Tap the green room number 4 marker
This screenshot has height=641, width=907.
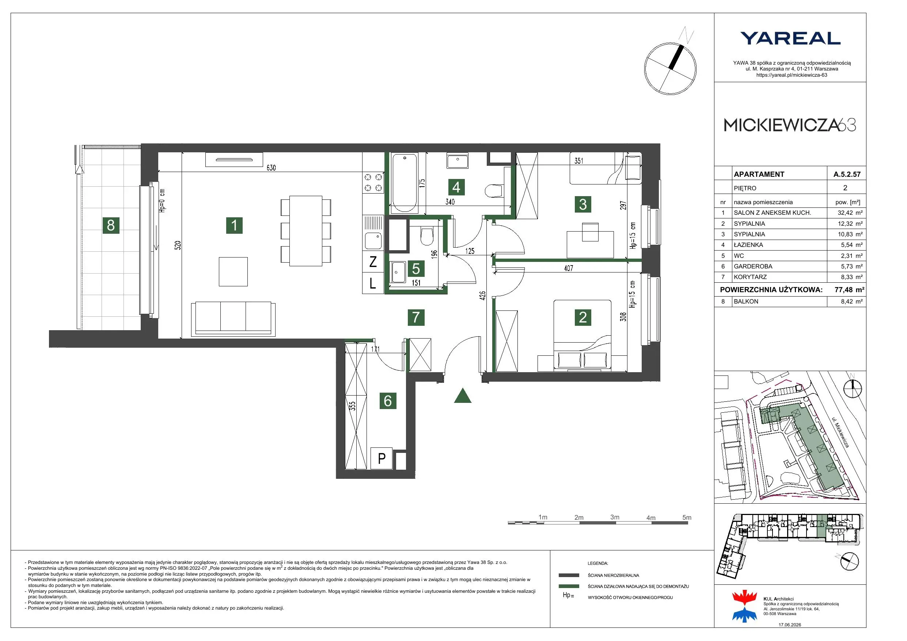tap(456, 187)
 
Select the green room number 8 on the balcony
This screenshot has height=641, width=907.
tap(111, 225)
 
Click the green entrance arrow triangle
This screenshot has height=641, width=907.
tap(463, 396)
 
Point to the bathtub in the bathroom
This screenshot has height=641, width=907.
tap(405, 183)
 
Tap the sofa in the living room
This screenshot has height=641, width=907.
tap(233, 320)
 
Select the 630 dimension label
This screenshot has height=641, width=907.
tap(271, 168)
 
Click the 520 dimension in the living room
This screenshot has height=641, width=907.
tap(178, 245)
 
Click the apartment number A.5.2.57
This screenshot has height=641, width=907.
tap(847, 174)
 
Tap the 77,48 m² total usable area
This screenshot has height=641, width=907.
tap(849, 290)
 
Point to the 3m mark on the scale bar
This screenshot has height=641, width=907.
tap(615, 518)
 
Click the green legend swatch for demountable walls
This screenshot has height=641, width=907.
tap(569, 587)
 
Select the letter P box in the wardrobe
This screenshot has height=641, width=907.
tap(382, 458)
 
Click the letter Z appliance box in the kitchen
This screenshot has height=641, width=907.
tap(373, 262)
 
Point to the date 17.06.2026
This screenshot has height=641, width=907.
tap(790, 625)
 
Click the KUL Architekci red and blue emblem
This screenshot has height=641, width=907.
tap(744, 606)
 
